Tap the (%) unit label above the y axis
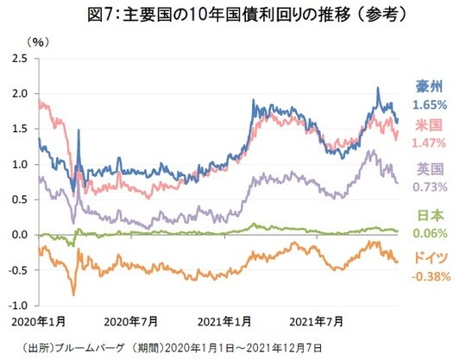39,41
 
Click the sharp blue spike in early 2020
79,131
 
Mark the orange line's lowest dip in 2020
73,294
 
